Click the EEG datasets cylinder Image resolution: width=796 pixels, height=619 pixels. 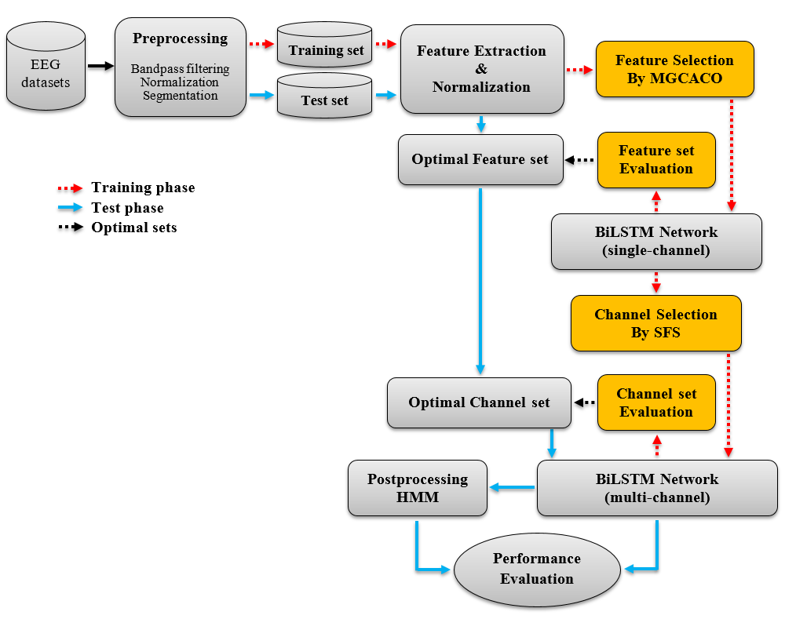click(46, 66)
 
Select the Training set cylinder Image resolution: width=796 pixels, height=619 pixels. click(324, 45)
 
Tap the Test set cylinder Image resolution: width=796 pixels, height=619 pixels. click(324, 96)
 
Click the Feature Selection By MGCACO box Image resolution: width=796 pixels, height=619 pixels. click(674, 69)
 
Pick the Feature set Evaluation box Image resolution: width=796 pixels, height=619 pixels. click(656, 160)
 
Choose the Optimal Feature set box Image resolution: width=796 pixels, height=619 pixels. click(480, 159)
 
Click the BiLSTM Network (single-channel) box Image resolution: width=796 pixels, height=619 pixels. click(656, 242)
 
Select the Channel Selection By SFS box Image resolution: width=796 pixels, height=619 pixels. click(656, 323)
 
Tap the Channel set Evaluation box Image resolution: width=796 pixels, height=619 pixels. click(656, 402)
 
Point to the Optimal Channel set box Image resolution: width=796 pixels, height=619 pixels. click(479, 402)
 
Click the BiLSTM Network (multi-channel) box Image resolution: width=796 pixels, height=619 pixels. click(657, 488)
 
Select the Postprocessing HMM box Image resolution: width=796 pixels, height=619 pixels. click(418, 488)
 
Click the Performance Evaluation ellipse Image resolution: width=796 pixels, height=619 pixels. click(537, 570)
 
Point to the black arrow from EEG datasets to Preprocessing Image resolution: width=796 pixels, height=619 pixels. click(100, 66)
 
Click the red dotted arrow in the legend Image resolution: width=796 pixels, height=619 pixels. click(70, 188)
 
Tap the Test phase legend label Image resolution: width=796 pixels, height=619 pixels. click(127, 208)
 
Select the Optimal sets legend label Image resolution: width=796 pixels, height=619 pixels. click(134, 228)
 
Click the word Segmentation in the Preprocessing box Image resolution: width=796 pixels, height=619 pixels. click(181, 96)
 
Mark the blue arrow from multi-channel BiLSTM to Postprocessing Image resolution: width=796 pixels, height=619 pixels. click(513, 487)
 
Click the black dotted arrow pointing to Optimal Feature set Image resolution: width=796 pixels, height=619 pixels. click(579, 160)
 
